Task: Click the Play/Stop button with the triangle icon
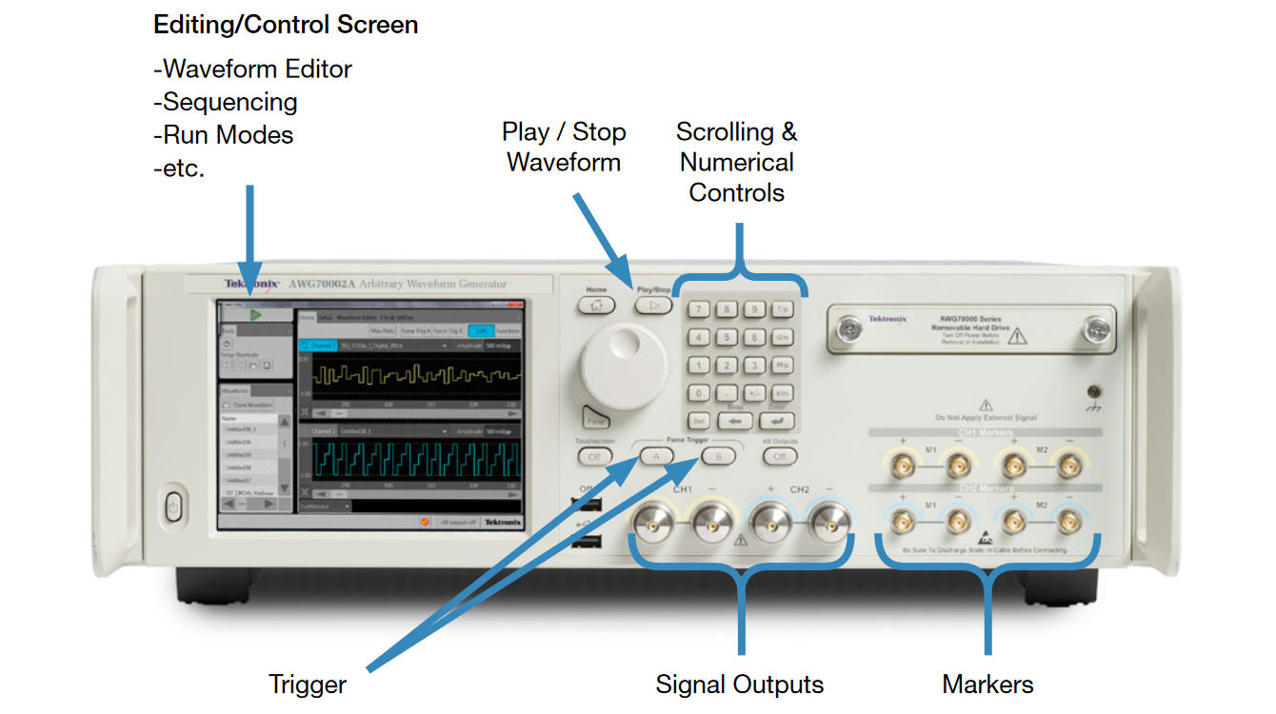click(653, 306)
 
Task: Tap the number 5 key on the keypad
click(727, 337)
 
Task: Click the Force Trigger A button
click(656, 456)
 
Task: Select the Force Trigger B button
click(718, 456)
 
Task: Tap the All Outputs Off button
click(779, 456)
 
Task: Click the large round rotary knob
click(623, 367)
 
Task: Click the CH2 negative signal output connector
click(825, 522)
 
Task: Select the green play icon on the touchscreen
click(254, 314)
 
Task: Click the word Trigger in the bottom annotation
click(307, 684)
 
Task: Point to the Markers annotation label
click(987, 684)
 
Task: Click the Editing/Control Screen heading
click(286, 25)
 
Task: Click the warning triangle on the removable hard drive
click(1017, 334)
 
